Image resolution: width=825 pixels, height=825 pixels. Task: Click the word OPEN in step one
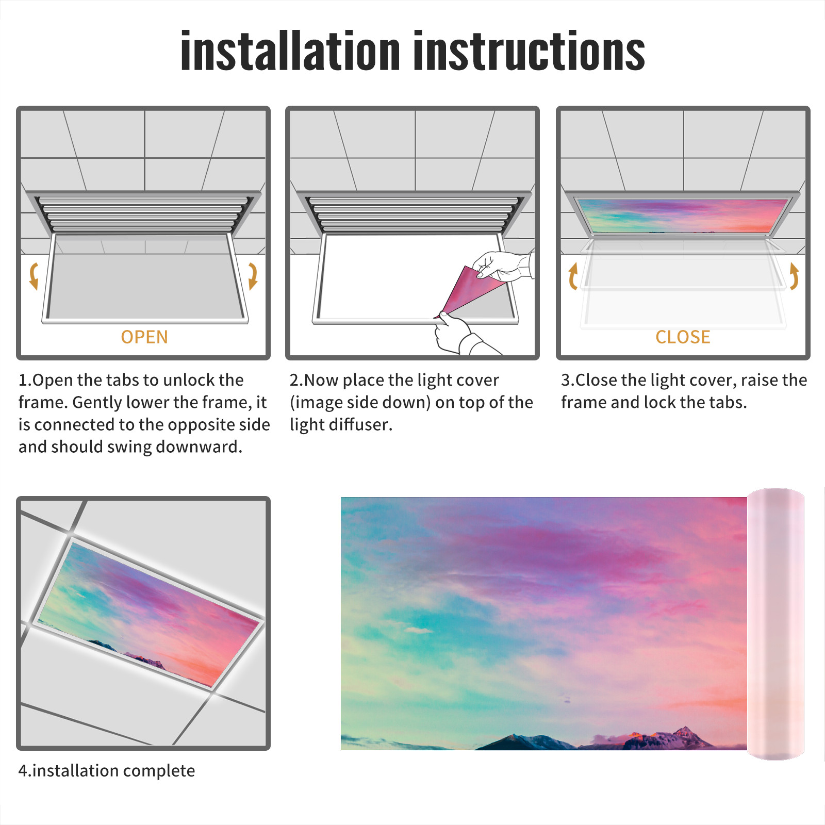coord(144,337)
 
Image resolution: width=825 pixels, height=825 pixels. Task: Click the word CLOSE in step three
coord(683,337)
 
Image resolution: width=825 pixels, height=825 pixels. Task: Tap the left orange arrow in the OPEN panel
coord(34,276)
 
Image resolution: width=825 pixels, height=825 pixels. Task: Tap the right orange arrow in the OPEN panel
coord(253,276)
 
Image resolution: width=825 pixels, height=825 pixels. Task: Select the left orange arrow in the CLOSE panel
coord(573,276)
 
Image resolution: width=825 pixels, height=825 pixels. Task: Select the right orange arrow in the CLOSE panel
coord(794,276)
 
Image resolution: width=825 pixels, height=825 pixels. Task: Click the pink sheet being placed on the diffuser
coord(467,291)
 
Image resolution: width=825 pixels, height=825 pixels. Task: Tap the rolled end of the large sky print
coord(775,624)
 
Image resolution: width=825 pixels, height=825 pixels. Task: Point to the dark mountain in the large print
coord(521,742)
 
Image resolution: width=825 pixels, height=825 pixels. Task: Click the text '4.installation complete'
coord(107,771)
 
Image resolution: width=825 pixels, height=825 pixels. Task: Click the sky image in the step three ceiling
coord(683,216)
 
